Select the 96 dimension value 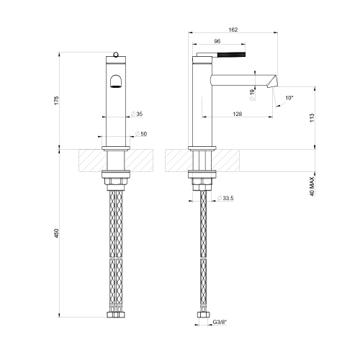217,41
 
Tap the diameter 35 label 138,114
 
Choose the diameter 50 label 143,135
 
